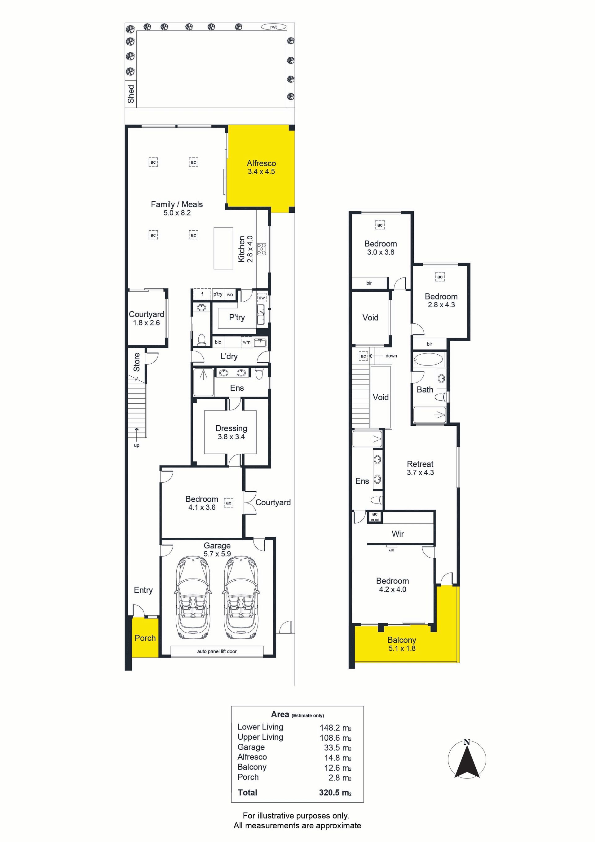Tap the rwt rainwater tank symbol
[x=274, y=27]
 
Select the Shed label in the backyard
[x=131, y=94]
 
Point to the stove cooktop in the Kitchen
[x=261, y=249]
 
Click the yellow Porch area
[x=145, y=637]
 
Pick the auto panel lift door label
[x=217, y=651]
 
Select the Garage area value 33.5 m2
[x=337, y=748]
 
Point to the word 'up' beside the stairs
[x=136, y=445]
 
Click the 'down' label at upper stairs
[x=391, y=356]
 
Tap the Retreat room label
[x=420, y=464]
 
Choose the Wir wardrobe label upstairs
[x=398, y=534]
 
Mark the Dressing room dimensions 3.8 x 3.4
[x=231, y=437]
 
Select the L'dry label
[x=229, y=356]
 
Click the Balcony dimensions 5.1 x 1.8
[x=402, y=648]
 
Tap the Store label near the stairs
[x=136, y=362]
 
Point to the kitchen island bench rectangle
[x=223, y=248]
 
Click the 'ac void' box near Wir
[x=375, y=517]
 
